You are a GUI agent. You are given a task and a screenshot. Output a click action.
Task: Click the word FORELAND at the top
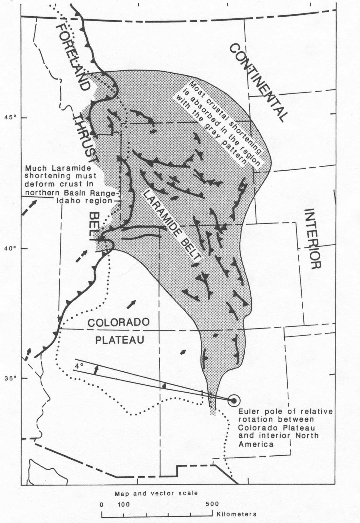(73, 57)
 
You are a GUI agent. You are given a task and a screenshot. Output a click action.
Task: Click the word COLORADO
(119, 322)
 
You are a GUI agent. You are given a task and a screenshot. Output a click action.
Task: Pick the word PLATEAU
(119, 340)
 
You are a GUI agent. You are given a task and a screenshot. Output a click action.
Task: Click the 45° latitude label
(10, 117)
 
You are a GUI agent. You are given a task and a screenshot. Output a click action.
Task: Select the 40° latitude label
(10, 248)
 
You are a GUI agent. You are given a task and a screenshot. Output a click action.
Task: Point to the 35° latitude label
(10, 378)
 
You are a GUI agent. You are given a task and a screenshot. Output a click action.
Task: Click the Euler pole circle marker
(234, 400)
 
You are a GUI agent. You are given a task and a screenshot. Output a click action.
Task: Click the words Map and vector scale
(156, 493)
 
